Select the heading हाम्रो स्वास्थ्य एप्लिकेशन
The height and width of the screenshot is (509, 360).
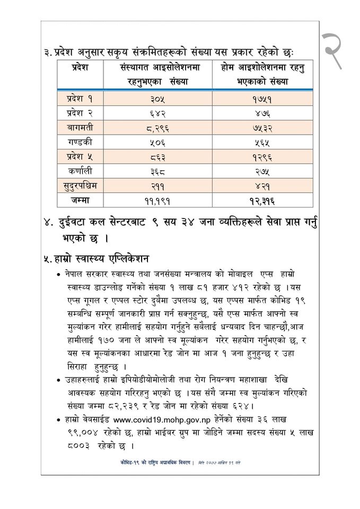pos(96,259)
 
